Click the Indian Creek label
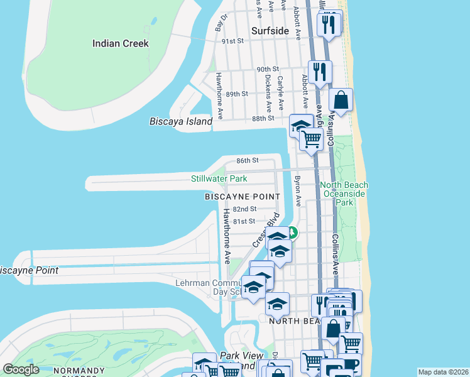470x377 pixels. [x=120, y=43]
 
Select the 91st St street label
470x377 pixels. [x=232, y=41]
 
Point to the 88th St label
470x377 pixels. [x=263, y=118]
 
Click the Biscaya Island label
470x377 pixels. [x=181, y=121]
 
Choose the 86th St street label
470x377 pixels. [x=248, y=161]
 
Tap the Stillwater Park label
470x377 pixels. [x=219, y=179]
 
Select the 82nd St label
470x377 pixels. [x=244, y=209]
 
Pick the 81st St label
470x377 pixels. [x=244, y=221]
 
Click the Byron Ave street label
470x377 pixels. [x=297, y=191]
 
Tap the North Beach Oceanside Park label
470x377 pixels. [x=344, y=194]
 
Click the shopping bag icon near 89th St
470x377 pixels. [x=340, y=101]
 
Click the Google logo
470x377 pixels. [x=21, y=369]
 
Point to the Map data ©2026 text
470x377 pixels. [x=443, y=372]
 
